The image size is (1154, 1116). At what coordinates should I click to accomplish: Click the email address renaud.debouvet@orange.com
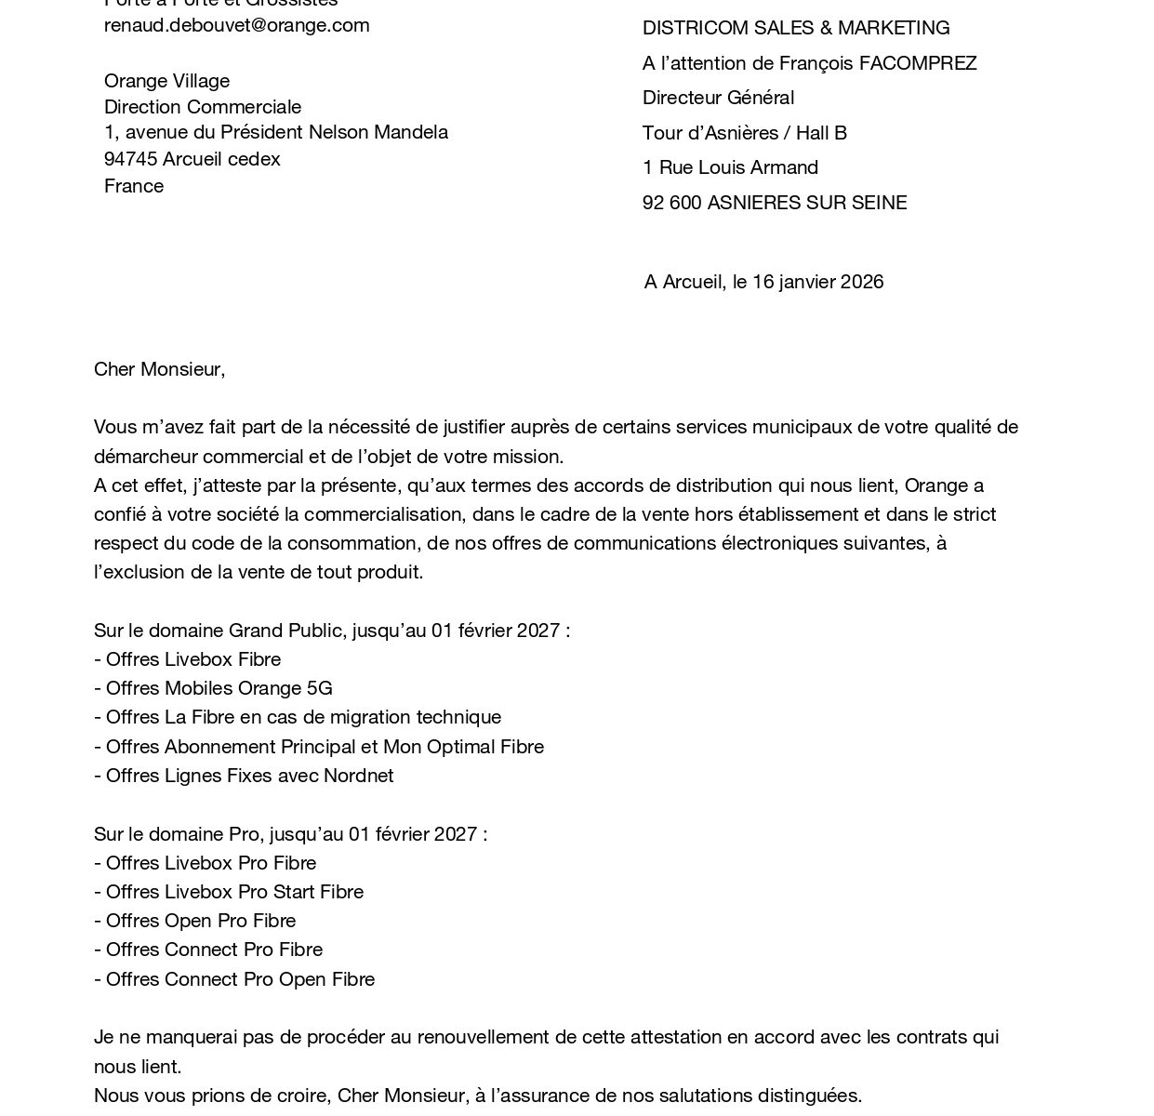click(236, 25)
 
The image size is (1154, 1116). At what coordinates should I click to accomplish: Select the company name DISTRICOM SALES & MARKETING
click(796, 28)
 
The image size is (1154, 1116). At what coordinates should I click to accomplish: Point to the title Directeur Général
click(718, 98)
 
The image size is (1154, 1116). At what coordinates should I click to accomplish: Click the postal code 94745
click(130, 159)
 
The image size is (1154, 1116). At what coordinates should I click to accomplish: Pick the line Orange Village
click(166, 81)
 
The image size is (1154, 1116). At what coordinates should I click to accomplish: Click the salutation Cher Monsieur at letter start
click(158, 369)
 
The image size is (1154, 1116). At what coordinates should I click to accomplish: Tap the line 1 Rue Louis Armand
click(730, 167)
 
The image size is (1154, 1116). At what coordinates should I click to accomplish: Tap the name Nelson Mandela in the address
click(378, 132)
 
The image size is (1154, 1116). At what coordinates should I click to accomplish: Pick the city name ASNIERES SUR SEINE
click(806, 203)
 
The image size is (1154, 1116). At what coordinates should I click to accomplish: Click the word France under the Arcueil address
click(134, 186)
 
